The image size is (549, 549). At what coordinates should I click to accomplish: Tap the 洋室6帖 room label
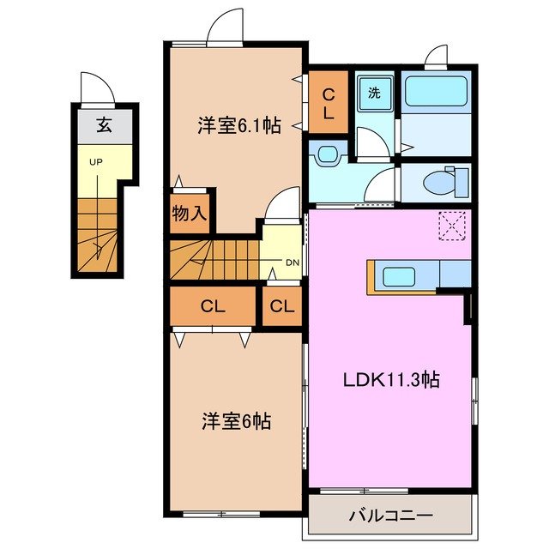click(237, 421)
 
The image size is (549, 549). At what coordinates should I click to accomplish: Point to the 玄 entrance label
click(103, 124)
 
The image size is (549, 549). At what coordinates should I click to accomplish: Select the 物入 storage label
click(190, 214)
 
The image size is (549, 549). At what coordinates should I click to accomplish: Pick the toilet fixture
click(444, 181)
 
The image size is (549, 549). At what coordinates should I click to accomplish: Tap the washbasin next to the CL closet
click(327, 154)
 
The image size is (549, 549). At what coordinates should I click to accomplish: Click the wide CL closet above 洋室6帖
click(213, 306)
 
